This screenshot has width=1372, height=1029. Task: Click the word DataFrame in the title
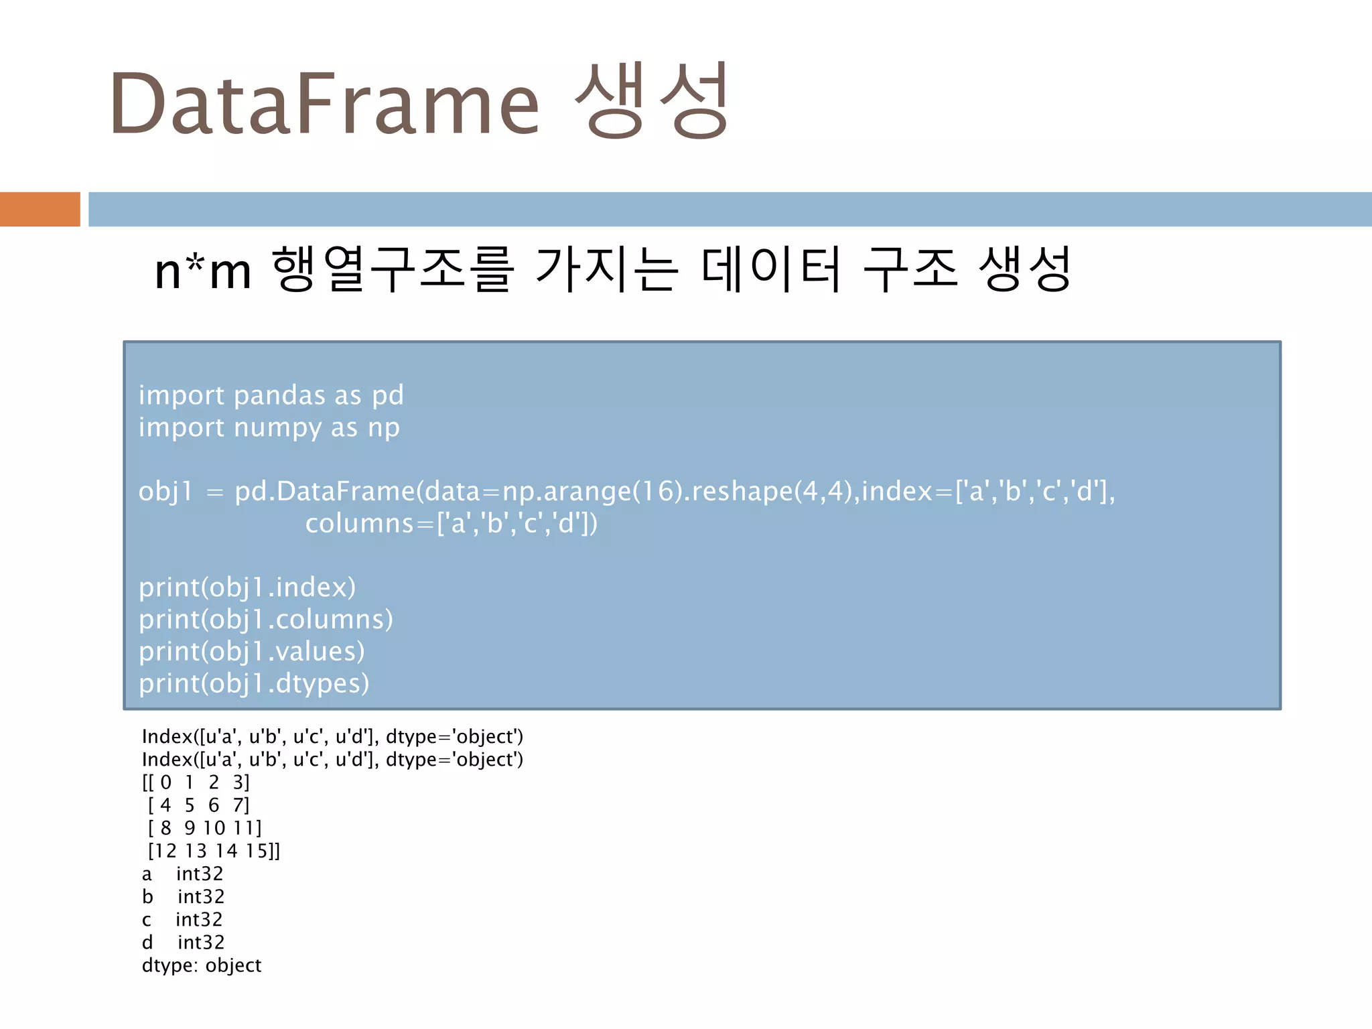pyautogui.click(x=324, y=104)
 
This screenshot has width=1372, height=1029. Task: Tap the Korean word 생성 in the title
pyautogui.click(x=651, y=100)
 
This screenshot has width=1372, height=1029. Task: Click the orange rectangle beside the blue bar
pyautogui.click(x=40, y=209)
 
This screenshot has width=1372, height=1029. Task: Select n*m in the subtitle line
pyautogui.click(x=203, y=271)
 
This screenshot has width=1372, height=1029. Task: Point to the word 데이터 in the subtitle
pyautogui.click(x=770, y=269)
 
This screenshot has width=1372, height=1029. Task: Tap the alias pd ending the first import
pyautogui.click(x=388, y=395)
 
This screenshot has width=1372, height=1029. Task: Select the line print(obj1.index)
pyautogui.click(x=247, y=587)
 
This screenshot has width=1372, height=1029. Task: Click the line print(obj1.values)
pyautogui.click(x=252, y=651)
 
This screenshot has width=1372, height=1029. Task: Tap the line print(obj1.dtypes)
pyautogui.click(x=254, y=683)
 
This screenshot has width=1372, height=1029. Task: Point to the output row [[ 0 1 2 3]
pyautogui.click(x=196, y=782)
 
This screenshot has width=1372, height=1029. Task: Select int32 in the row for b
pyautogui.click(x=201, y=896)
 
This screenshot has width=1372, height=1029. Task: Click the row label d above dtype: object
pyautogui.click(x=147, y=943)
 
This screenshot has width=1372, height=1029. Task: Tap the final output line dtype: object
pyautogui.click(x=202, y=965)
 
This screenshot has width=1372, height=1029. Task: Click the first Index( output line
pyautogui.click(x=332, y=737)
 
